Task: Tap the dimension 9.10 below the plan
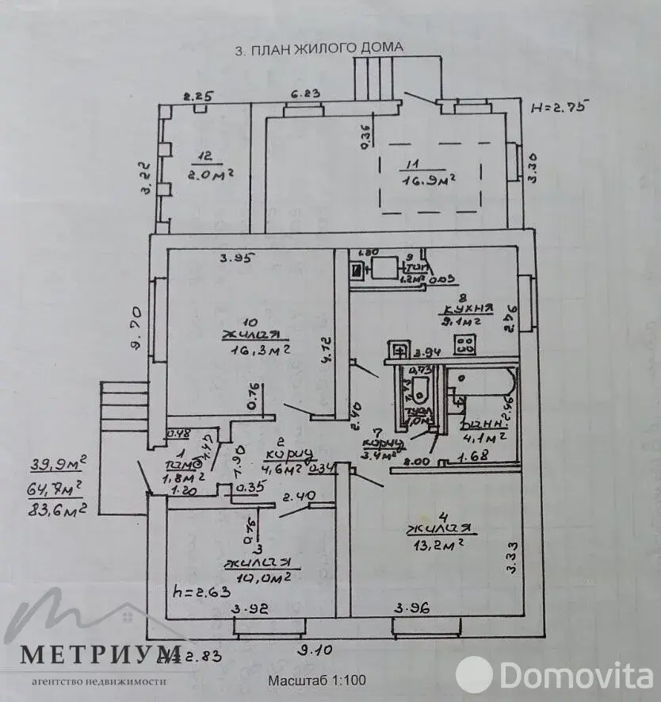click(x=314, y=650)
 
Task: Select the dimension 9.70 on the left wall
click(x=136, y=329)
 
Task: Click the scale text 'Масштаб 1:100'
click(x=317, y=680)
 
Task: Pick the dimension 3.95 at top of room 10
click(x=235, y=257)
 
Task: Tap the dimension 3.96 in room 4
click(x=413, y=608)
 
